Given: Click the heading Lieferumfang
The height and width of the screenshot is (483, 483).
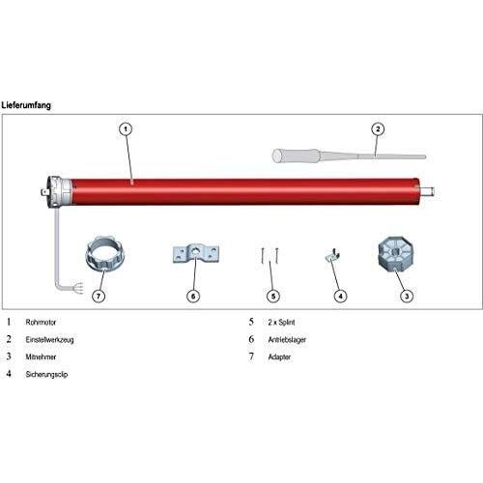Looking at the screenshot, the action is click(x=26, y=105).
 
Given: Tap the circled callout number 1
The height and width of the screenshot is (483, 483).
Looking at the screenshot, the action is click(x=126, y=129).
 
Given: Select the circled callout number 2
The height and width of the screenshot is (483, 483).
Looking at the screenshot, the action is click(x=378, y=129).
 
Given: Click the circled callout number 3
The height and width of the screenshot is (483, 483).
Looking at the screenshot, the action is click(x=407, y=296).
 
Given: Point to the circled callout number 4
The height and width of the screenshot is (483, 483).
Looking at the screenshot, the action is click(x=340, y=296).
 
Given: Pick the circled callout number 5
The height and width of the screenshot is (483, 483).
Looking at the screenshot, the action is click(x=273, y=296).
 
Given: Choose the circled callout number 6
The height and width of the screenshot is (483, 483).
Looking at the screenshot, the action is click(x=193, y=296).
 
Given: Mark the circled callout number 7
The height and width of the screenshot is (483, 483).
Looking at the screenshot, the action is click(x=99, y=296).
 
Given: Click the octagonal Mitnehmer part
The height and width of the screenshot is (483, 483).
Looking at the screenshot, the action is click(x=396, y=257).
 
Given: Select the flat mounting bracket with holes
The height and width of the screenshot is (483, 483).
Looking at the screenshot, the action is click(x=196, y=254).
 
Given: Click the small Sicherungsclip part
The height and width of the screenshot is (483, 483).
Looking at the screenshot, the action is click(x=333, y=255).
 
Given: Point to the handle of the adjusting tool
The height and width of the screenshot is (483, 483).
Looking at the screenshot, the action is click(x=297, y=156).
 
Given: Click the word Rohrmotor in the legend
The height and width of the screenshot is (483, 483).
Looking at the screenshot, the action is click(x=41, y=323).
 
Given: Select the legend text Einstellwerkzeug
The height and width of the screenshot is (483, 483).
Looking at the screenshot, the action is click(x=49, y=340).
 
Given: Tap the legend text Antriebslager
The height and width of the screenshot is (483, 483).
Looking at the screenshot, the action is click(x=287, y=340).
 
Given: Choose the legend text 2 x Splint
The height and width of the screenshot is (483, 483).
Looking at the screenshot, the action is click(x=281, y=323).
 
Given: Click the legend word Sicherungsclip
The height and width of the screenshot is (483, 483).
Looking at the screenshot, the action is click(x=46, y=375).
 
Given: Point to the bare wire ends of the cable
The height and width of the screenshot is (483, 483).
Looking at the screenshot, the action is click(x=78, y=289).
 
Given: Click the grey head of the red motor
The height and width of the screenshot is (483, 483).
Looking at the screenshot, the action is click(x=59, y=192).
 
